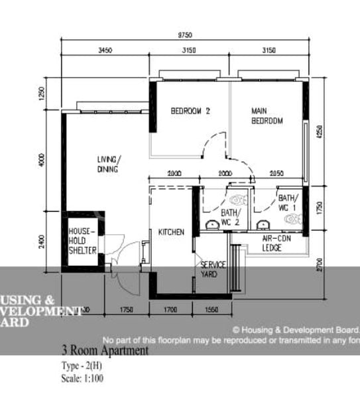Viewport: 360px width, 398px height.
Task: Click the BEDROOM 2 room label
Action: tap(190, 111)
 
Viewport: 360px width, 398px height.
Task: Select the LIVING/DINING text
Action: tap(107, 165)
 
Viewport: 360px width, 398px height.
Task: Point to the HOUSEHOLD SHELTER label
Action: tap(83, 240)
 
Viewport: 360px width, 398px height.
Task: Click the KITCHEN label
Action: tap(171, 232)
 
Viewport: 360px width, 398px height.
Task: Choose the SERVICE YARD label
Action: tap(213, 269)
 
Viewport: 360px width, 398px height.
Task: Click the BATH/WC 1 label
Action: tap(288, 202)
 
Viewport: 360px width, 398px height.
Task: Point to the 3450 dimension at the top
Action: tap(105, 50)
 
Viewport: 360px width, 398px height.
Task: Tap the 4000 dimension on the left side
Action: tap(41, 161)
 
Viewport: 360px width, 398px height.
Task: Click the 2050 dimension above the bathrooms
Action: tap(277, 173)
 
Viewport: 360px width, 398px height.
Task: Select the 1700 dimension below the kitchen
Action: tap(170, 310)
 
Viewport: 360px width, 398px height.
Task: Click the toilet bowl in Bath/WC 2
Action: tap(237, 199)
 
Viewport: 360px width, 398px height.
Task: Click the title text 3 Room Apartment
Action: tap(105, 351)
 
